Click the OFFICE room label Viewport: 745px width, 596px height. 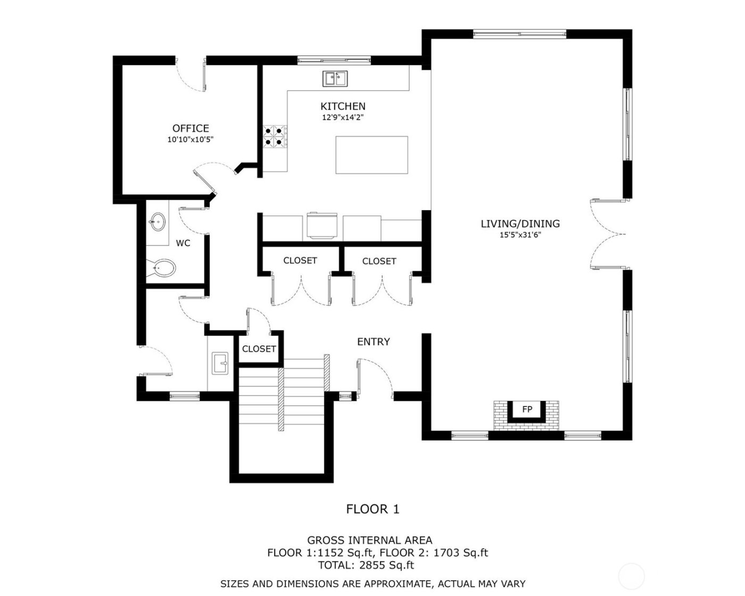coord(191,128)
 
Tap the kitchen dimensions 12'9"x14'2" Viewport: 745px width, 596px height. coord(343,118)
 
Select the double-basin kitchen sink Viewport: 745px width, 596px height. coord(335,79)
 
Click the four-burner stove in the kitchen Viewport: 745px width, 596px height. coord(275,136)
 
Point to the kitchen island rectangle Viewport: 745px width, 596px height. coord(372,155)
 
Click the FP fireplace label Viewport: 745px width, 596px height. coord(527,409)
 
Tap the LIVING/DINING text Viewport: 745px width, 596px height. coord(520,223)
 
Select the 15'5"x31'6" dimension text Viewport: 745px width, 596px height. coord(520,235)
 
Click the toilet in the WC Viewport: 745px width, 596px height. coord(162,268)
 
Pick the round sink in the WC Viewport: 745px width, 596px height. coord(157,222)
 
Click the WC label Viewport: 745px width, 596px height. coord(183,243)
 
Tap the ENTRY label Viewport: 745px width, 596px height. coord(373,342)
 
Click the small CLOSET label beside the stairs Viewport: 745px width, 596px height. coord(259,349)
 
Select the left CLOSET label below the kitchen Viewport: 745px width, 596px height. coord(300,260)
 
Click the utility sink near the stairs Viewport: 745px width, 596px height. coord(220,363)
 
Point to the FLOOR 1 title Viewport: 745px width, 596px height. coord(372,509)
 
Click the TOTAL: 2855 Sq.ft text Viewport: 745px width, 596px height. coord(366,565)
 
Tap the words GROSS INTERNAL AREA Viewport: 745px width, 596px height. coord(370,541)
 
